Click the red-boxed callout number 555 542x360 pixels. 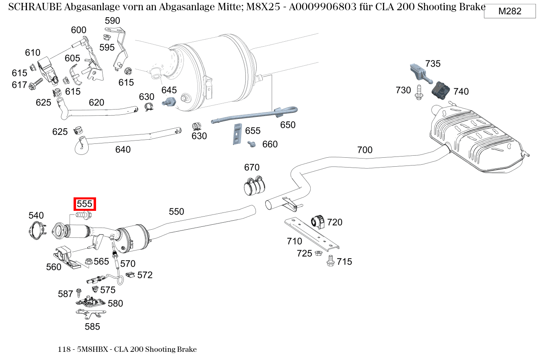coord(85,203)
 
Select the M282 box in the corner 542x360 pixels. coord(510,11)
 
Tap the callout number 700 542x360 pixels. coord(365,150)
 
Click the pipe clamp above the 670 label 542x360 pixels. coord(253,187)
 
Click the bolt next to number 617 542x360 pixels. coord(36,85)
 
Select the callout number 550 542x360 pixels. coord(176,211)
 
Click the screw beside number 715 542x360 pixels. coord(331,261)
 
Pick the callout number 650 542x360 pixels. coord(287,125)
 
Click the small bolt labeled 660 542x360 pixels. coord(252,144)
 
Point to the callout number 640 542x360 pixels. coord(123,150)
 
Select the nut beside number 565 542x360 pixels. coord(88,261)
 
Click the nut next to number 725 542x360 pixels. coord(318,253)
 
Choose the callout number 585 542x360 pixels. coord(92,326)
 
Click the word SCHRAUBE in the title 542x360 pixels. coord(34,7)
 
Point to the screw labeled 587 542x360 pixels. coord(79,293)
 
